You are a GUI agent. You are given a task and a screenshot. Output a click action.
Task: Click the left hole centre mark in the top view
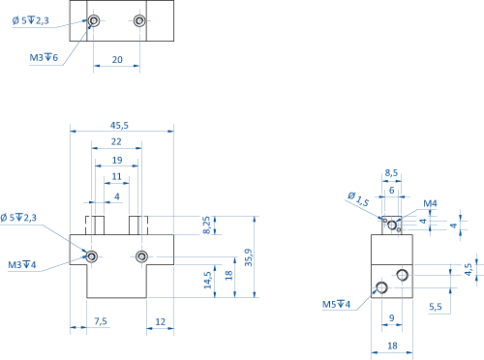[x=95, y=19]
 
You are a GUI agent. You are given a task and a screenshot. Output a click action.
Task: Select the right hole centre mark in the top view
[x=140, y=19]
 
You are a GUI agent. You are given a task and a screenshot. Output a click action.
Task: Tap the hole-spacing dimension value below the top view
[x=117, y=61]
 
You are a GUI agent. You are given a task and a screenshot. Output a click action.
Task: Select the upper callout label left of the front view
[x=17, y=220]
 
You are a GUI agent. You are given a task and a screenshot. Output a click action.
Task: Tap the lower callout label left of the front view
[x=21, y=263]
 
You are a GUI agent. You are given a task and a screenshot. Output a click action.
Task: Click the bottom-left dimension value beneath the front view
[x=100, y=321]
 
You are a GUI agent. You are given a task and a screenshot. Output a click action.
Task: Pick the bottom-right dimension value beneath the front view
[x=163, y=321]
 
